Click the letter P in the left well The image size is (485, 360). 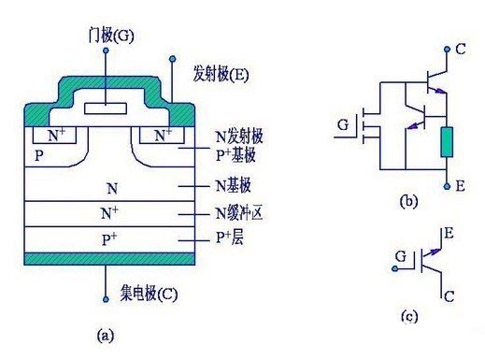point(37,153)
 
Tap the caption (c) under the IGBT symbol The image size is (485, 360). point(408,316)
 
